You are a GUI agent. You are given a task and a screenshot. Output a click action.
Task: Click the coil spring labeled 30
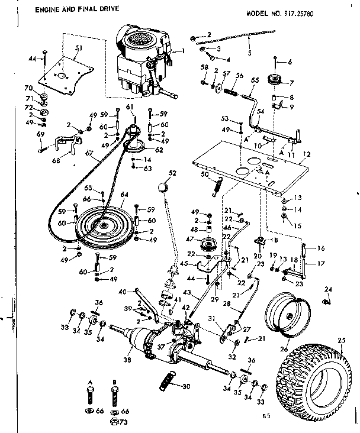[168, 379]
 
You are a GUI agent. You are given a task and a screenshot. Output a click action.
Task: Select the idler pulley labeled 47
[208, 243]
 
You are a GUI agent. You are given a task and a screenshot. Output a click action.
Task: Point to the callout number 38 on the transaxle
[126, 357]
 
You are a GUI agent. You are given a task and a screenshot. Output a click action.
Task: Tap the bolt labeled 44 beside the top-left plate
[42, 58]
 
